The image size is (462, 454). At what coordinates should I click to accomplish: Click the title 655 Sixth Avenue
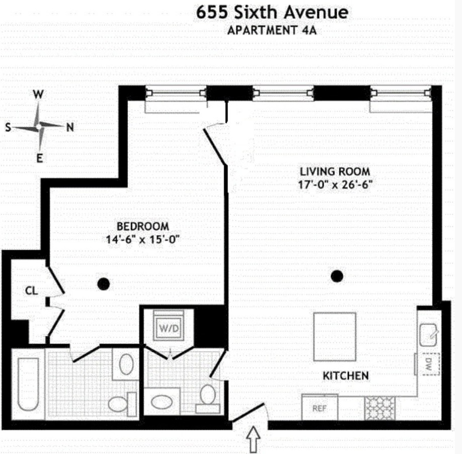pos(272,12)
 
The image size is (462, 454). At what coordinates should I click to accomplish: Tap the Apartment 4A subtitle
pos(272,30)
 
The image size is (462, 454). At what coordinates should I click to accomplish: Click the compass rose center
pos(39,127)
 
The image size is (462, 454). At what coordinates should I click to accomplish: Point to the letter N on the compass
pos(70,128)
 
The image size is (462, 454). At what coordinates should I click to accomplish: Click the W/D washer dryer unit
pos(169,327)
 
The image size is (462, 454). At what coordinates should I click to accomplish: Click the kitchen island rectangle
pos(334,336)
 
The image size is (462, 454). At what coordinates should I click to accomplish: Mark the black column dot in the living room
pos(337,275)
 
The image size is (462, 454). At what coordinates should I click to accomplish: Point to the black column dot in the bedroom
pos(103,284)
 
